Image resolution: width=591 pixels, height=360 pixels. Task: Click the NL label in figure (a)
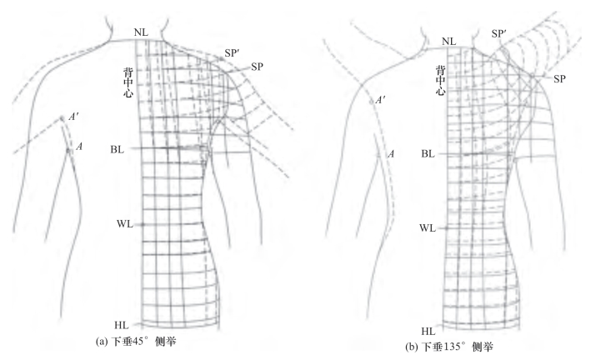click(141, 32)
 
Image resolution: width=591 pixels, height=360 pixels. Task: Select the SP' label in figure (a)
click(233, 52)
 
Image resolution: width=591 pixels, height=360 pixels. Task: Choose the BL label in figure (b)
click(428, 154)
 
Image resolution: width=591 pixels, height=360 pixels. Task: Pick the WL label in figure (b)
click(427, 227)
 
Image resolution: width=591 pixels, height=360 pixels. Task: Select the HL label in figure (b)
click(428, 331)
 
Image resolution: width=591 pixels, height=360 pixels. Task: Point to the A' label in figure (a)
click(74, 117)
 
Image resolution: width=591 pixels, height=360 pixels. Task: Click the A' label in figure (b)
click(381, 101)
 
